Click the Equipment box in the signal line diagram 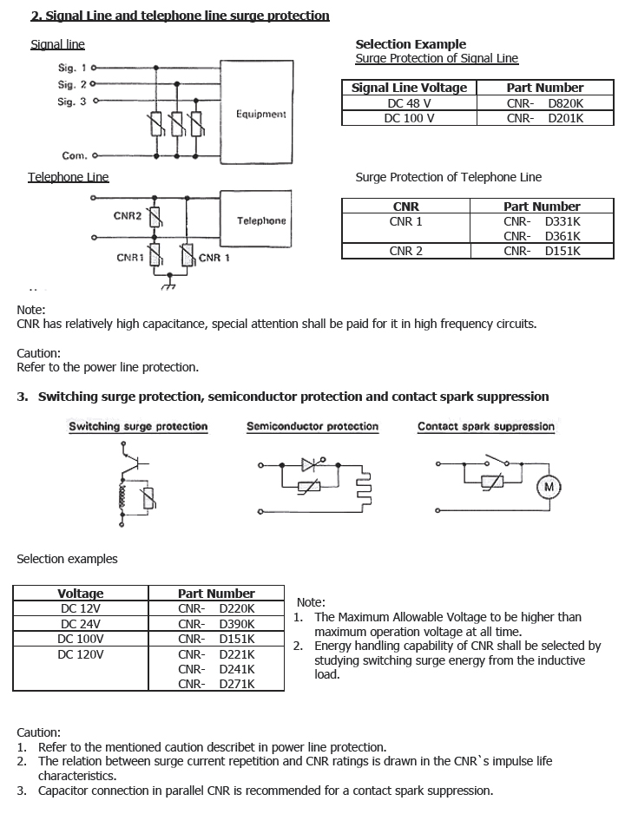pyautogui.click(x=260, y=113)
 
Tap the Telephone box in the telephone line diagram pyautogui.click(x=261, y=220)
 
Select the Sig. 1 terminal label pyautogui.click(x=72, y=67)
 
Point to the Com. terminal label pyautogui.click(x=74, y=156)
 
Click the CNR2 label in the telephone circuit pyautogui.click(x=128, y=215)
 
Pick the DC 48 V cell pyautogui.click(x=409, y=102)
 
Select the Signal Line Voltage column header pyautogui.click(x=409, y=88)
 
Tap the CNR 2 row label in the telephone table pyautogui.click(x=405, y=251)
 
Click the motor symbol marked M pyautogui.click(x=549, y=487)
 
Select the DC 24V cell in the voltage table pyautogui.click(x=81, y=624)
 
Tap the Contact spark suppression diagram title pyautogui.click(x=485, y=426)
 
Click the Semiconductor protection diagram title pyautogui.click(x=312, y=426)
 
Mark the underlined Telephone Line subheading pyautogui.click(x=68, y=177)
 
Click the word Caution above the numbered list pyautogui.click(x=39, y=732)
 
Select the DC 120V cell pyautogui.click(x=81, y=654)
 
